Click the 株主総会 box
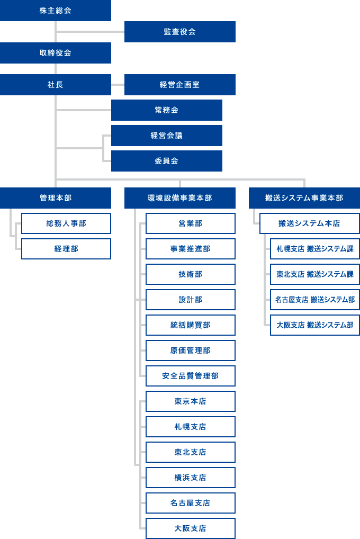coord(56,10)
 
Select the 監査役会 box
coord(180,32)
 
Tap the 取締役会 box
coord(56,53)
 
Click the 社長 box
coord(56,85)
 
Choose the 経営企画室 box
coord(180,85)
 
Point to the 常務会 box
coord(167,110)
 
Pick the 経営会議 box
coord(167,136)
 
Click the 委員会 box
coord(167,161)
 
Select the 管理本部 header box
coord(56,198)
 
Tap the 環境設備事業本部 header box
coord(180,198)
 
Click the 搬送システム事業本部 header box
coord(304,198)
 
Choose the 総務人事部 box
coord(66,223)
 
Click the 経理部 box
coord(66,249)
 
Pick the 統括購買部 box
coord(191,325)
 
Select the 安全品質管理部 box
coord(191,376)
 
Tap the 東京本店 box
coord(191,401)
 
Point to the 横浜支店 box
coord(191,478)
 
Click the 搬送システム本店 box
coord(310,223)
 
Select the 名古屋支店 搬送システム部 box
coord(315,300)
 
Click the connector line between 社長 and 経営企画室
coord(118,85)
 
